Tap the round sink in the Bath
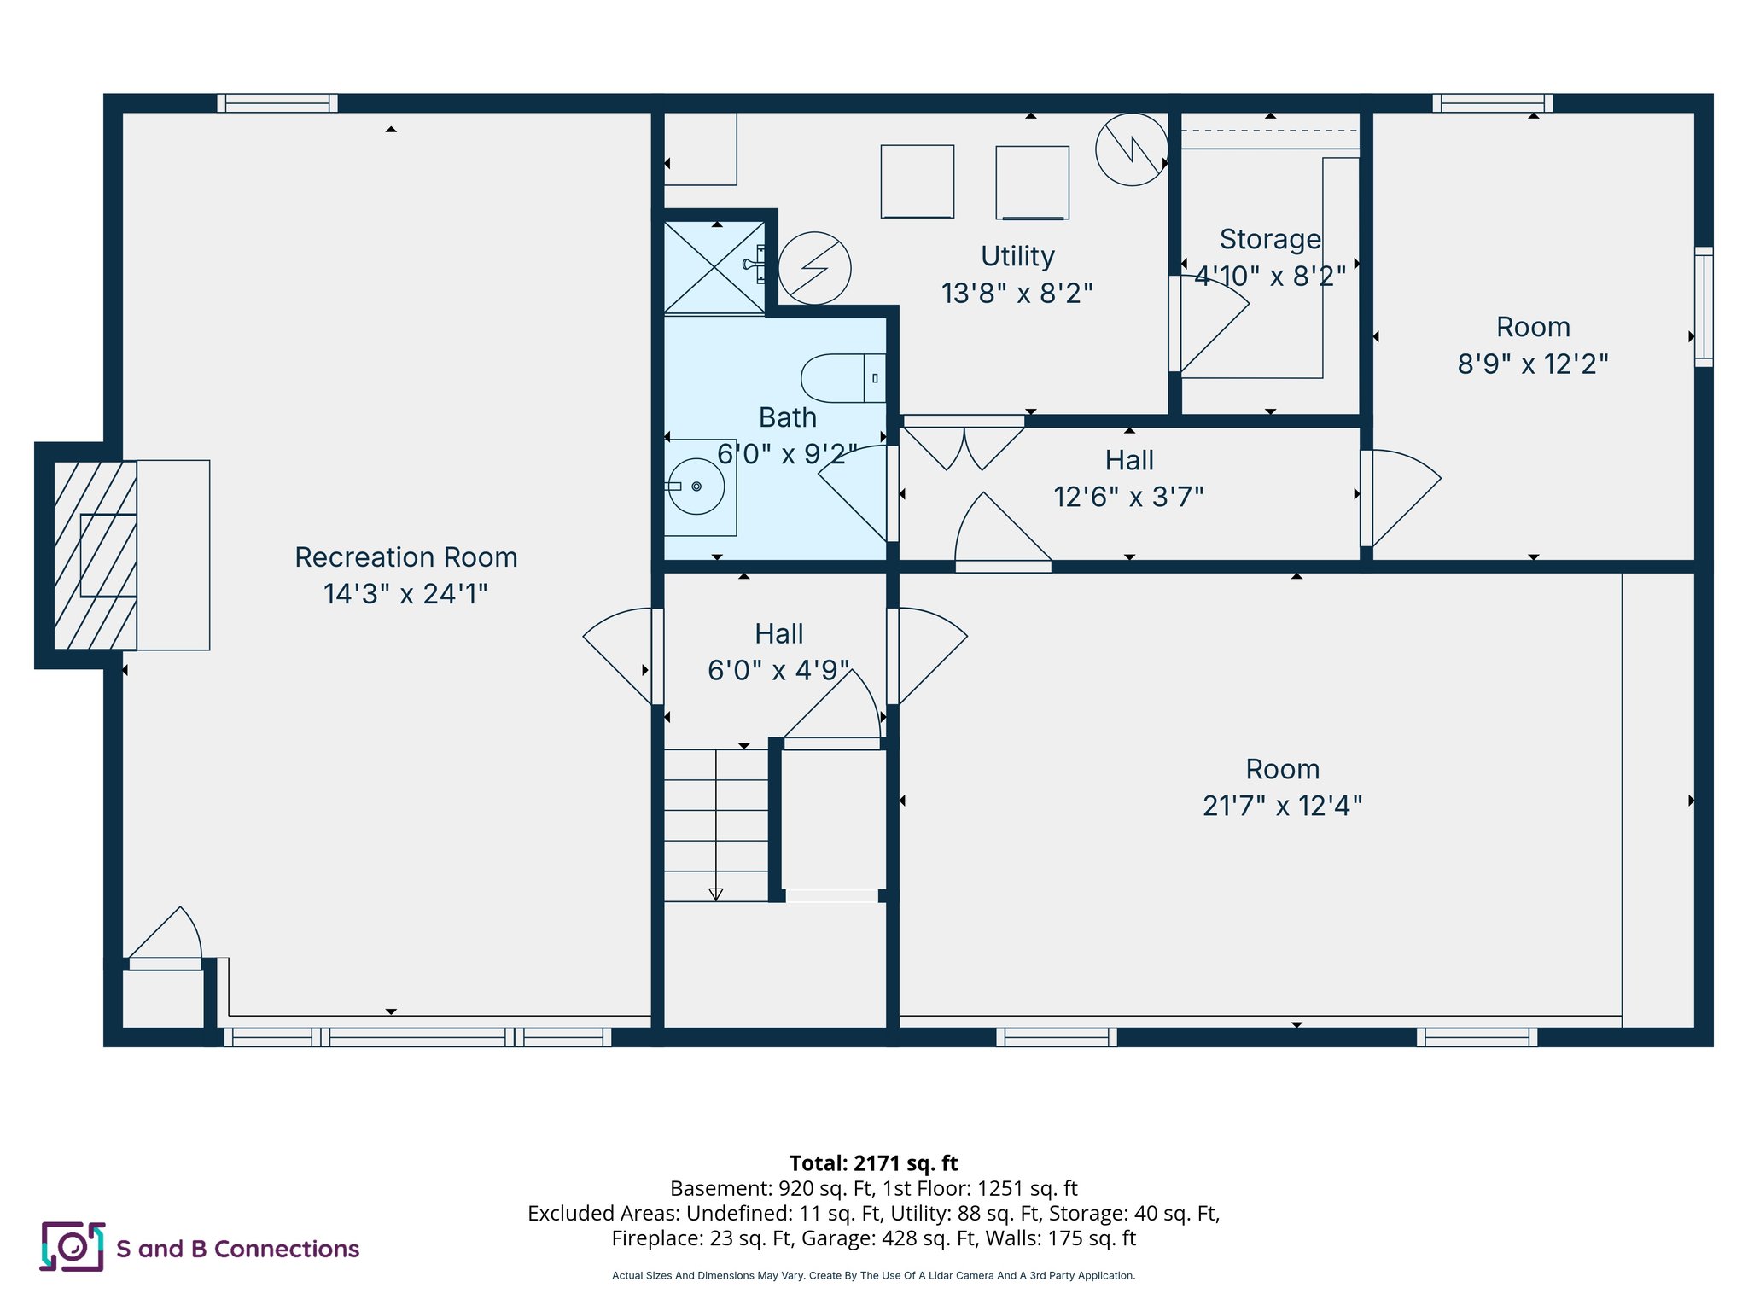(x=696, y=487)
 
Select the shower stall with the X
(x=714, y=267)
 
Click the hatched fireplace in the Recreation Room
(x=95, y=555)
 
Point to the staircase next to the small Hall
(x=716, y=824)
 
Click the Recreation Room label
(x=405, y=557)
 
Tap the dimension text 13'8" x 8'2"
(x=1017, y=294)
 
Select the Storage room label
(x=1269, y=240)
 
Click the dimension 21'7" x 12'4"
(x=1282, y=806)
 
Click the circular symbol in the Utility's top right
(x=1131, y=150)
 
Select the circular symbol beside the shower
(x=814, y=268)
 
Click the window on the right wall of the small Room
(x=1703, y=307)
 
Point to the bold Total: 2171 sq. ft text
(x=873, y=1163)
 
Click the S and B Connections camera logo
(x=73, y=1247)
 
